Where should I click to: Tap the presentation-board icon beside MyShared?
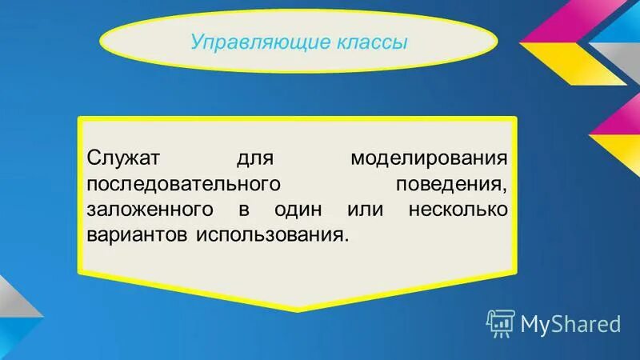pyautogui.click(x=500, y=322)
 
